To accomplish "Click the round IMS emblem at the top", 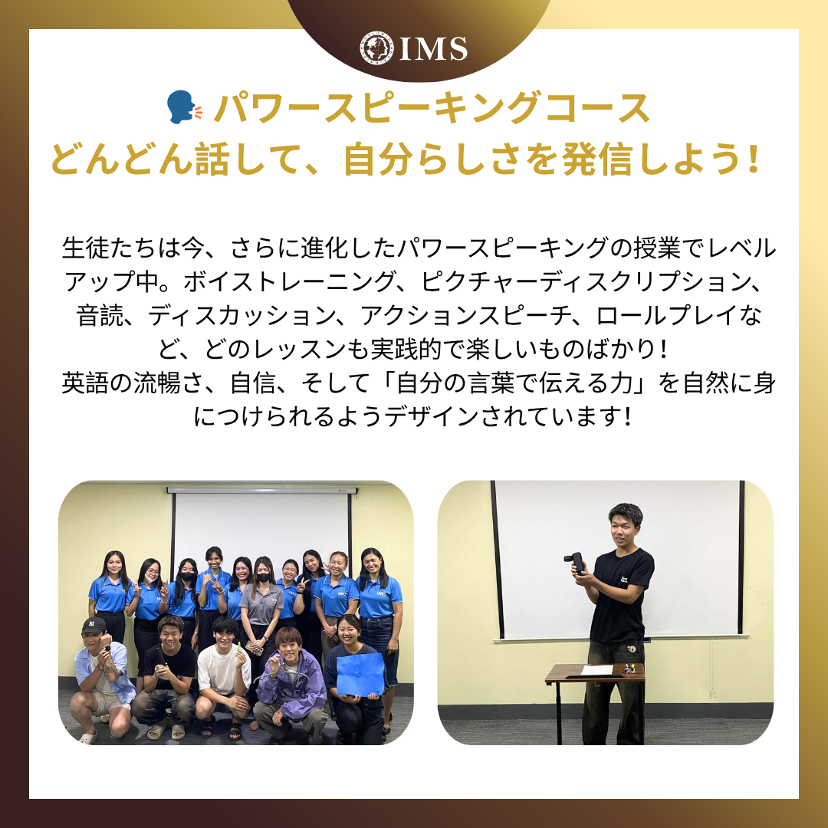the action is [377, 48].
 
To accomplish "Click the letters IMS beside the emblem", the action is [433, 49].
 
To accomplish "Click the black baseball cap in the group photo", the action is [94, 626].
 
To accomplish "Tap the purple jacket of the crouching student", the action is [292, 685].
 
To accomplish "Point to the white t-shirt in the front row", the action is [223, 669].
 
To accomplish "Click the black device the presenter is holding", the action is [576, 562].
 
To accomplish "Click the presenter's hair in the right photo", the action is [626, 513].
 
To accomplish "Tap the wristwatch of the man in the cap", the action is [109, 646].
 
